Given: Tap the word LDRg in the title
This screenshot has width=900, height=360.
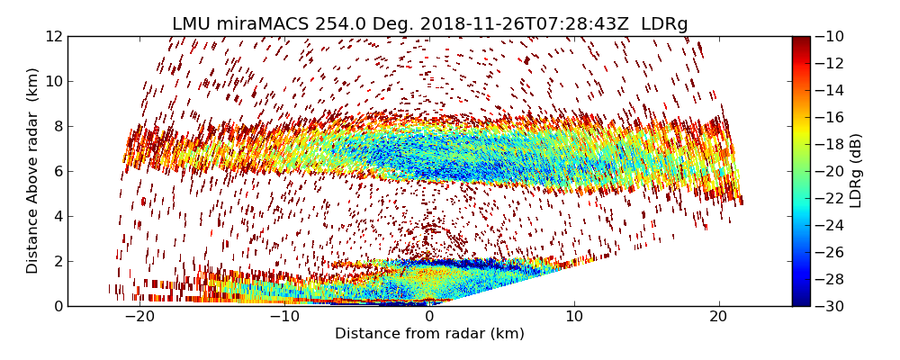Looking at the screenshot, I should point(664,24).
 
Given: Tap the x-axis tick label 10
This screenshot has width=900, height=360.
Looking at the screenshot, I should point(574,317).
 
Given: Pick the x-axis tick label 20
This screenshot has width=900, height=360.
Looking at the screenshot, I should point(719,317).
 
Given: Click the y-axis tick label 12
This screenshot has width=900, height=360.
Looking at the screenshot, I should point(54,36).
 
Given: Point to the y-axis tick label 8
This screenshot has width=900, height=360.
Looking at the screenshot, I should point(57,126).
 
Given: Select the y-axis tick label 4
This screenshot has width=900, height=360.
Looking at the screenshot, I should point(57,216).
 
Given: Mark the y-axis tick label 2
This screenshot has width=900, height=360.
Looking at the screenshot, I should point(57,261).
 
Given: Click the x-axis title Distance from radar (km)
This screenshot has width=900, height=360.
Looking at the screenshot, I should point(429,334).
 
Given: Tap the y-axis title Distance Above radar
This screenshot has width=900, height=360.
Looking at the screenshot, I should point(33,171).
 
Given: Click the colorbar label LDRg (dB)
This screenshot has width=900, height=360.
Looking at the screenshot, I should point(856,171).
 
